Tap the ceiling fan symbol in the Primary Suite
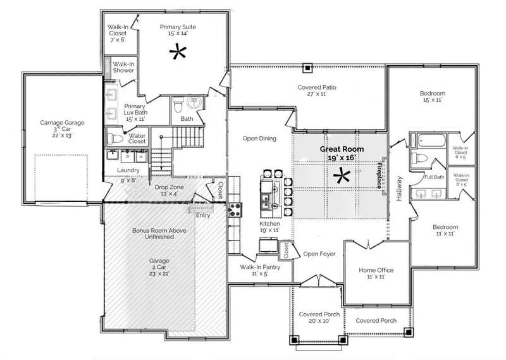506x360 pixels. pyautogui.click(x=178, y=52)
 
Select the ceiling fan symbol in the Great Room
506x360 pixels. pyautogui.click(x=342, y=176)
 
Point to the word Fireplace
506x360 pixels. pyautogui.click(x=379, y=175)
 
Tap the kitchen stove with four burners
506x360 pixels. pyautogui.click(x=235, y=209)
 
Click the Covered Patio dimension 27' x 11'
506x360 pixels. pyautogui.click(x=317, y=94)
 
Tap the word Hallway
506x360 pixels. pyautogui.click(x=399, y=189)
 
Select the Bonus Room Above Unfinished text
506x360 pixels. pyautogui.click(x=159, y=233)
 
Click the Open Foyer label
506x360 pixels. pyautogui.click(x=319, y=254)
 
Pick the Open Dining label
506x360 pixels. pyautogui.click(x=259, y=139)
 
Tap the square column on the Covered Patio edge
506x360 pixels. pyautogui.click(x=308, y=68)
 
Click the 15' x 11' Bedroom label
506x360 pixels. pyautogui.click(x=433, y=97)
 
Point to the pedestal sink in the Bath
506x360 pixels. pyautogui.click(x=195, y=102)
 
